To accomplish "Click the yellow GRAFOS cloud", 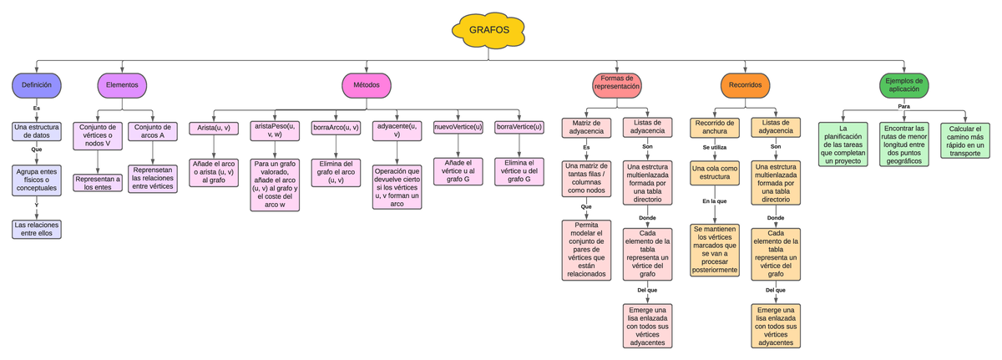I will point(489,31).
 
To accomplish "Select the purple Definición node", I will point(37,85).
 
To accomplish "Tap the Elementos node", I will point(123,85).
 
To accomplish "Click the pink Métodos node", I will point(367,85).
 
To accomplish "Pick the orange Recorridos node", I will point(745,85).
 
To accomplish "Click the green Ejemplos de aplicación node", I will point(904,85).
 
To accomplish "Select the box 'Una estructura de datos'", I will point(37,130).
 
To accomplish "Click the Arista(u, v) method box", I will point(214,128).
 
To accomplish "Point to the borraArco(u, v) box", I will point(336,128).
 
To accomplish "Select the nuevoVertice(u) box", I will point(458,127).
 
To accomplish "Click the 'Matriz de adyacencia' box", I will point(586,127).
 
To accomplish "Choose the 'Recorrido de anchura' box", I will point(715,127).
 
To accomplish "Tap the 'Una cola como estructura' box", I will point(715,173).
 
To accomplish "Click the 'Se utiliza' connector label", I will point(715,147).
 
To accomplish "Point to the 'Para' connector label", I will point(903,106).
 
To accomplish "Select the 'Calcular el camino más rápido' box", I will point(965,140).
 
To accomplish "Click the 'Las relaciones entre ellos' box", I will point(37,230).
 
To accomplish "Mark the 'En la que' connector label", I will point(715,201).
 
